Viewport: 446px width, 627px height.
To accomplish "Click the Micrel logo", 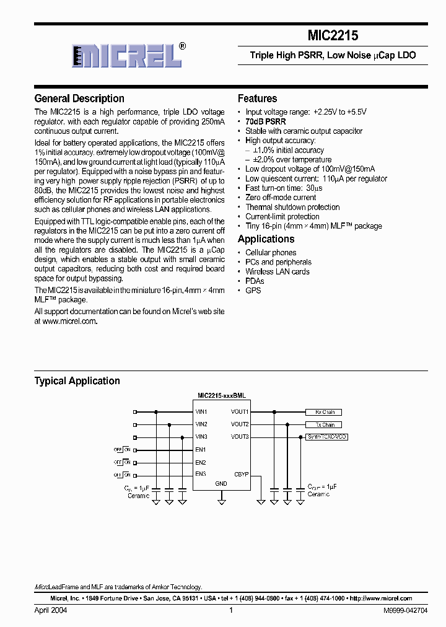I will coord(127,56).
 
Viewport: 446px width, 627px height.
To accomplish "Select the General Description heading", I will coord(79,99).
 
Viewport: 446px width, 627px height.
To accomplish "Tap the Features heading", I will coord(257,99).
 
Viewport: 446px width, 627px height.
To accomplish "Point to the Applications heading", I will coord(266,239).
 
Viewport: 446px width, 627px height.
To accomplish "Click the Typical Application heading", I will coord(77,381).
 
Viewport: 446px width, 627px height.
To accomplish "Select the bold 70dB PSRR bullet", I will coord(266,121).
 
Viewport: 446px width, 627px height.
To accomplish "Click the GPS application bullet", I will coord(253,291).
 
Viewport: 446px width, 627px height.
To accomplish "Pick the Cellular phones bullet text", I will coord(271,253).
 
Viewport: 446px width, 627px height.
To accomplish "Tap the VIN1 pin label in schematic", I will coord(201,412).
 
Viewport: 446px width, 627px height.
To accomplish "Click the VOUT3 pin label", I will coord(240,437).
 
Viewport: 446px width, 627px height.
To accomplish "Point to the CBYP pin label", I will coord(241,475).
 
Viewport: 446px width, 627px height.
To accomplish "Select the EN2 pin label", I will coord(200,462).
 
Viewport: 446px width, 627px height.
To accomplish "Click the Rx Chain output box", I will coord(323,412).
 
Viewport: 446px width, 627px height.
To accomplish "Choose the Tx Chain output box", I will coord(323,425).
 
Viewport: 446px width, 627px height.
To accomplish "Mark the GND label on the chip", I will coord(221,483).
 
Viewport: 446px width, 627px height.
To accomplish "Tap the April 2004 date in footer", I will coord(51,610).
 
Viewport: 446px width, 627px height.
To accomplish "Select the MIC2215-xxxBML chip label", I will coord(221,395).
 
